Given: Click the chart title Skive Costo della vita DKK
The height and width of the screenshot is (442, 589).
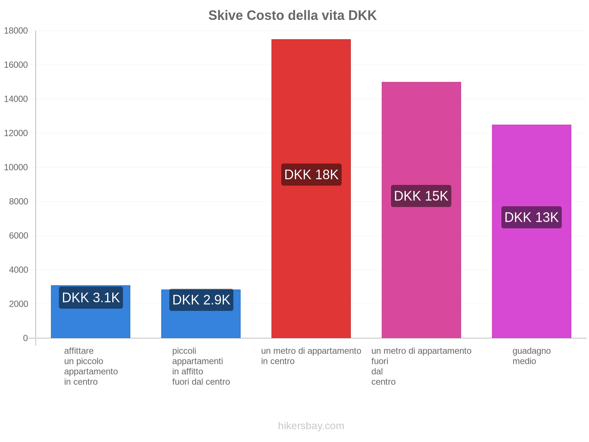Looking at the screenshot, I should (292, 15).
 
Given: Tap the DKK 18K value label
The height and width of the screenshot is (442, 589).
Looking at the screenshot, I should (311, 175).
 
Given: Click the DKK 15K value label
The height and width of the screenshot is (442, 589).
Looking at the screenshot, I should (421, 196).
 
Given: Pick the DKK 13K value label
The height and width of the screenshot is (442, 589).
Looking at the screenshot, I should (531, 217).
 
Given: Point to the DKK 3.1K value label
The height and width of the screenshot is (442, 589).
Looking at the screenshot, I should (91, 298).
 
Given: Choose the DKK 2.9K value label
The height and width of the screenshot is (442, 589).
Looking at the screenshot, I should (201, 300).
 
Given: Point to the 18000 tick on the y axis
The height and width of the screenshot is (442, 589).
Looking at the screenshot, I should (16, 31).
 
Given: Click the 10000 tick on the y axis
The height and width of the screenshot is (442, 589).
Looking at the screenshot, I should (16, 168).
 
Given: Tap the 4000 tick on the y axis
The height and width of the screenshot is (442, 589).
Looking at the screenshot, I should (18, 270).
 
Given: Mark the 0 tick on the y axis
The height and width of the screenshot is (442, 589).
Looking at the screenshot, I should (25, 338).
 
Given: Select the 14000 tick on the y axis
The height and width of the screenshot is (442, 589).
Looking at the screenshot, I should (16, 99).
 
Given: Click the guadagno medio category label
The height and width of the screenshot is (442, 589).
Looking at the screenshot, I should (531, 356).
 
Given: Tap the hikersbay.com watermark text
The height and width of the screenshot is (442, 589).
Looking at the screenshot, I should (311, 426).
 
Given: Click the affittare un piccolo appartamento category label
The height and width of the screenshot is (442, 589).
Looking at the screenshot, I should (91, 366).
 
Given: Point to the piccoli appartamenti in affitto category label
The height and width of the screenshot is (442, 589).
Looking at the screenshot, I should (201, 366).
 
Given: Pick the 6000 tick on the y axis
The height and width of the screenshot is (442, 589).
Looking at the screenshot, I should (18, 236).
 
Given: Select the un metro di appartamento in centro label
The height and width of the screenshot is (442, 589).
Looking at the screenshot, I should (311, 356).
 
